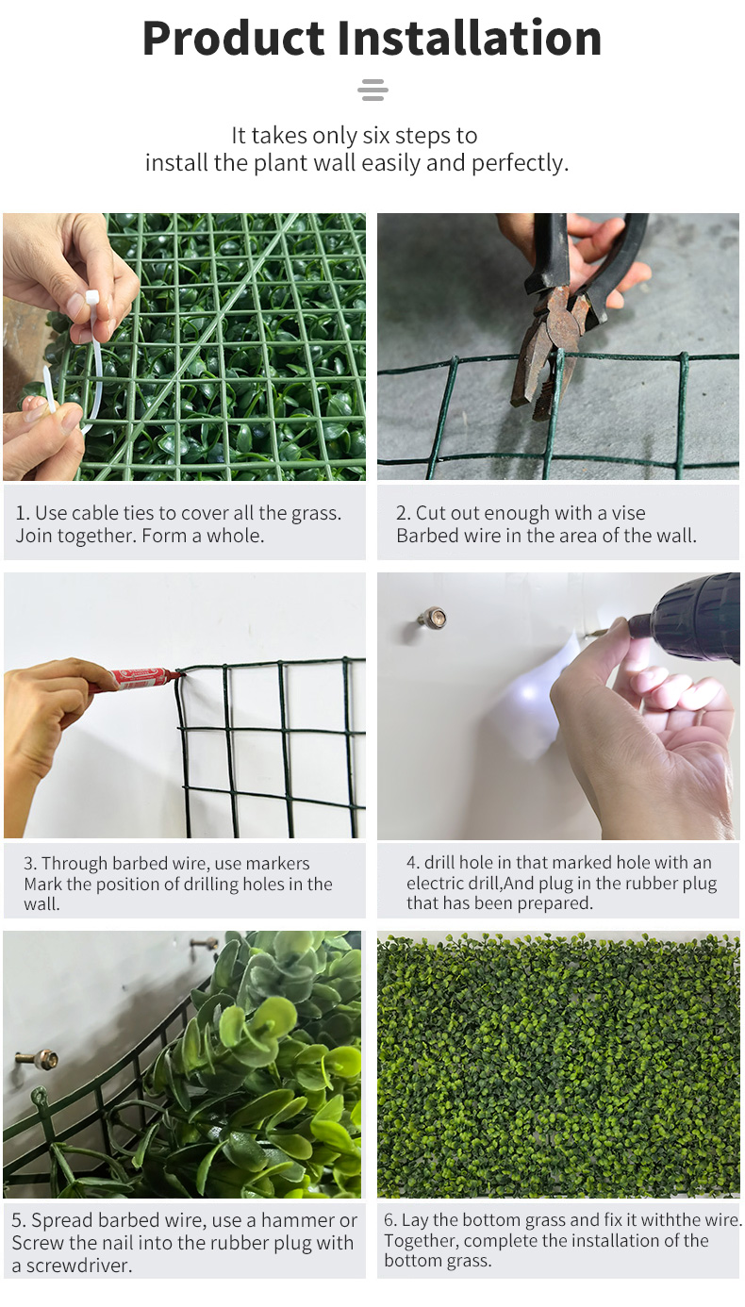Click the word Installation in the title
point(470,39)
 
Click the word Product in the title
point(233,39)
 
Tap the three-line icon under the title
point(372,90)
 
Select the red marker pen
point(138,680)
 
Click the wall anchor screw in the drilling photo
point(432,618)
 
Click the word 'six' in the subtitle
point(375,136)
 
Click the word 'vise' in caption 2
point(628,513)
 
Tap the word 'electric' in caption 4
point(438,883)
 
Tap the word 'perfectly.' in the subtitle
point(520,163)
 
